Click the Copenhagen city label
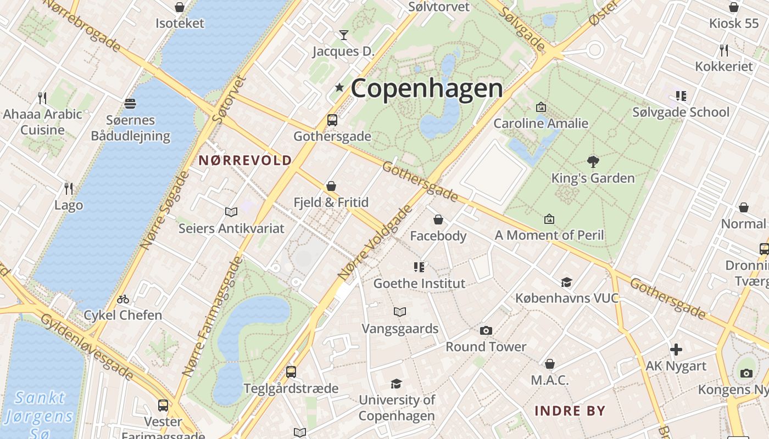(x=426, y=88)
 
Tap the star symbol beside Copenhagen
(x=339, y=87)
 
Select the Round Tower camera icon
(x=486, y=330)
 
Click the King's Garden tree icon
(x=593, y=161)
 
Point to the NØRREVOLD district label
(x=245, y=160)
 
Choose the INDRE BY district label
(x=570, y=411)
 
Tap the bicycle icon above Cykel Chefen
(x=123, y=299)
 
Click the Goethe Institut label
(x=419, y=284)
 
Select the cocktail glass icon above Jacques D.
(x=344, y=35)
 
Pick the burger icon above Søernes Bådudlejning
(x=130, y=103)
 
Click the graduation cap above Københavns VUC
(x=566, y=282)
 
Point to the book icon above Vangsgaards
(x=400, y=312)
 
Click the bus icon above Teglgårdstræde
(x=291, y=372)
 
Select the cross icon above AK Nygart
(x=676, y=349)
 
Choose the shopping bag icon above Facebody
(x=438, y=219)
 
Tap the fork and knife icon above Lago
(x=69, y=189)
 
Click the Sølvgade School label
(x=681, y=112)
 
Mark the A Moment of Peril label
(x=549, y=235)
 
